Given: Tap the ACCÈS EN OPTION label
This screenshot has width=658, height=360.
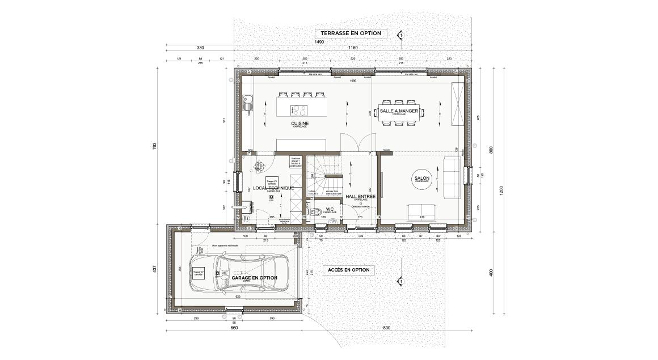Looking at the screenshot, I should [x=348, y=270].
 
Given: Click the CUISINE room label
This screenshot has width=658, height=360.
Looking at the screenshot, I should [x=300, y=123].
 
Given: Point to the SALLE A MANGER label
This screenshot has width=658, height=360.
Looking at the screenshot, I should [x=399, y=111].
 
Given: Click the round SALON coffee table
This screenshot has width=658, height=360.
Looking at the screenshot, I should [x=422, y=179].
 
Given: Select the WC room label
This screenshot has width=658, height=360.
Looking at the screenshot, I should [x=329, y=209].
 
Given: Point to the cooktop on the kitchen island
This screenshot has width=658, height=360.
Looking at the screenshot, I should [x=300, y=110].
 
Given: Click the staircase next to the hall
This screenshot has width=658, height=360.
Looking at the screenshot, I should [x=326, y=173].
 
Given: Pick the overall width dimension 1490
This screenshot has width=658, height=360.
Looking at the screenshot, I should [x=319, y=43].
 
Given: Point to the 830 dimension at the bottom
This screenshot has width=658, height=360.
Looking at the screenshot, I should [x=387, y=328].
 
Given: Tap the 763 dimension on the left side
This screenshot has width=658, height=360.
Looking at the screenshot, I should [x=154, y=146].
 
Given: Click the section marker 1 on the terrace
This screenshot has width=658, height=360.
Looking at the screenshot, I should [x=400, y=35].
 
